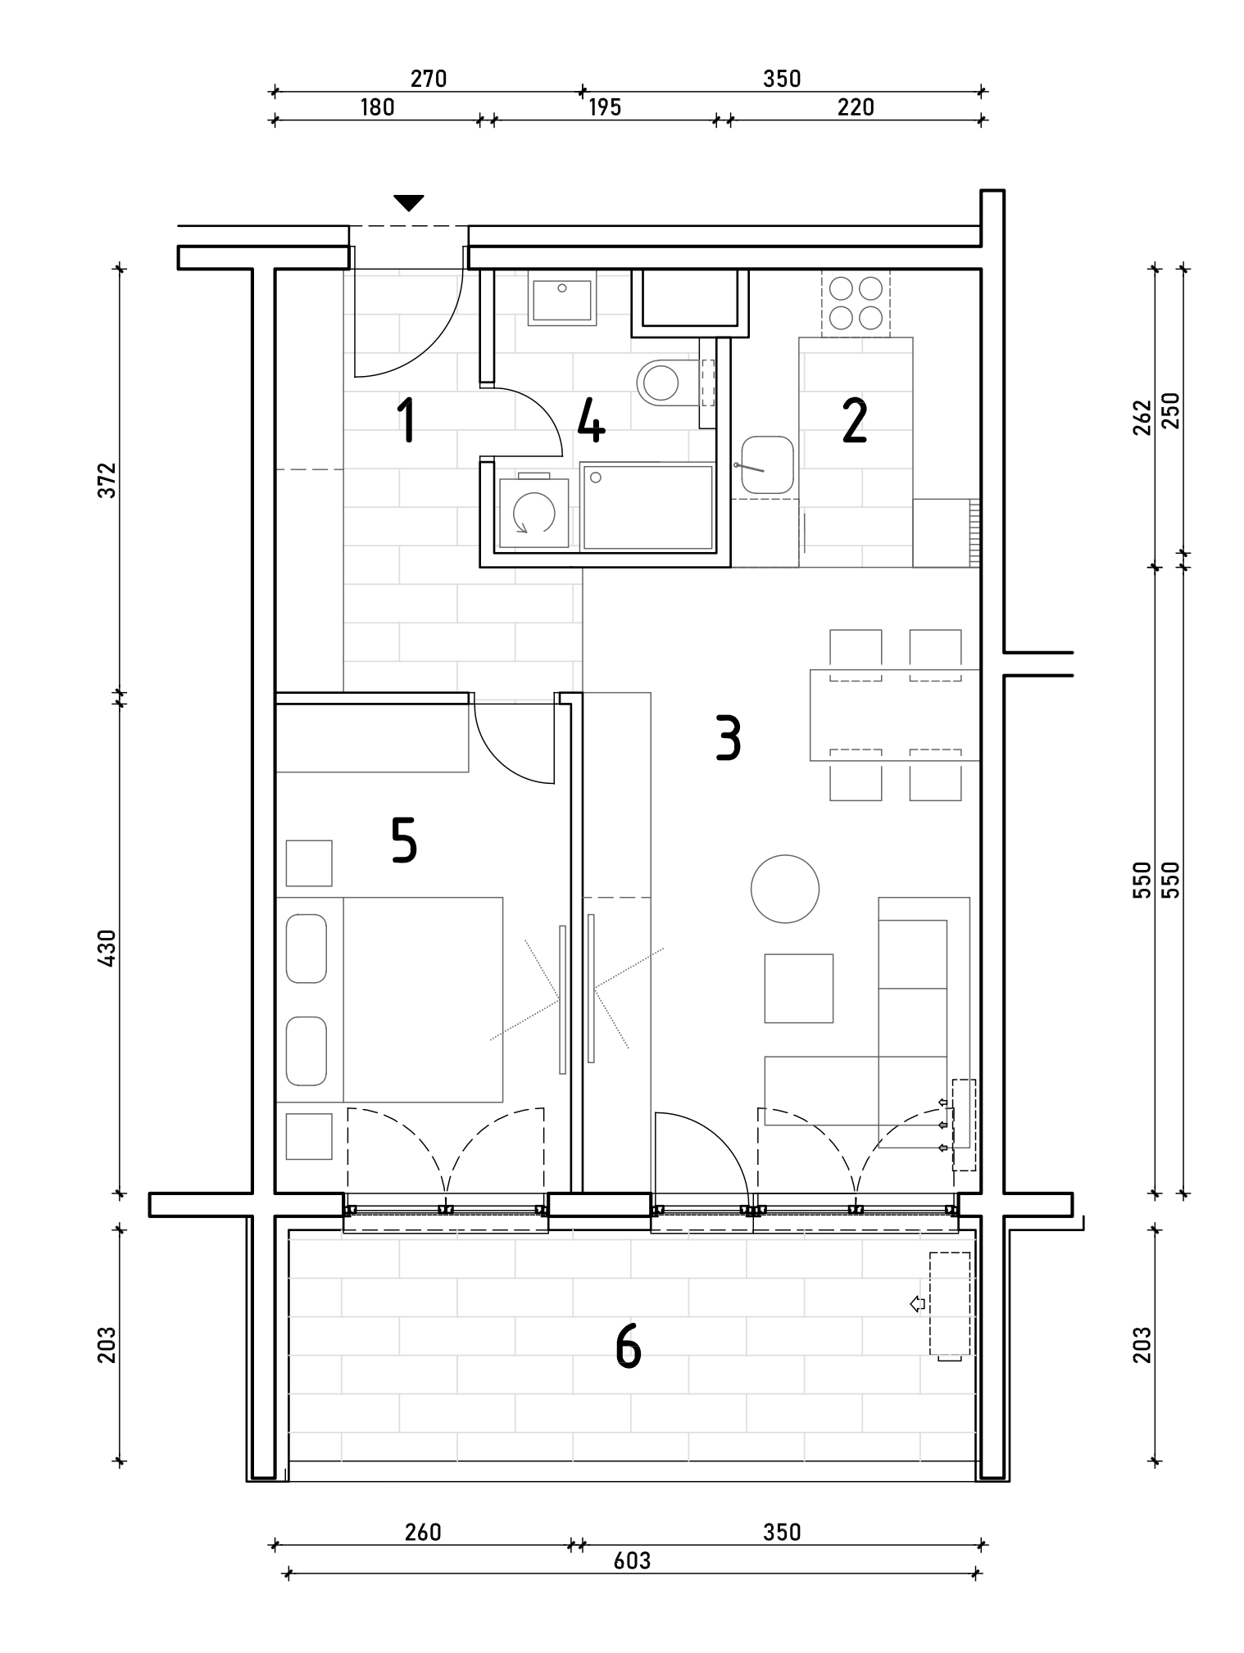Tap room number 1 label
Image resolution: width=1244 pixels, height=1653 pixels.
coord(405,420)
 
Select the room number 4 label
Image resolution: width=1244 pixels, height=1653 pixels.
coord(591,420)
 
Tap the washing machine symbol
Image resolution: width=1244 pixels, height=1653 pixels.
coord(533,514)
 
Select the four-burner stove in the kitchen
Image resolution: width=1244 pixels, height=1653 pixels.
coord(856,303)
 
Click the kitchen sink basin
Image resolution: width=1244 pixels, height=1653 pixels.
coord(767,466)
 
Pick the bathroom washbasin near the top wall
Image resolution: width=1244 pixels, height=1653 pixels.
coord(562,301)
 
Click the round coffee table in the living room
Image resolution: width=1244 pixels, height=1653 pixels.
coord(785,889)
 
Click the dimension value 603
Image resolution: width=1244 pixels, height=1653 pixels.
coord(632,1561)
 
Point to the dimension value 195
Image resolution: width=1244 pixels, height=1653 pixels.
coord(605,107)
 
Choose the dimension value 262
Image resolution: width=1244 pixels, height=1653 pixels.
coord(1143,417)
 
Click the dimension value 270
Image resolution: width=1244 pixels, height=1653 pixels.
coord(428,79)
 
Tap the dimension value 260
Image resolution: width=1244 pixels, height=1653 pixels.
coord(423,1532)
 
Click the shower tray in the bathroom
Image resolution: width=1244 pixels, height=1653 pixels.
coord(647,507)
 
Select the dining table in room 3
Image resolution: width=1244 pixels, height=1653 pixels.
coord(894,715)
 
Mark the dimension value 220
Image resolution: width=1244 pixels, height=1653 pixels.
coord(856,107)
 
